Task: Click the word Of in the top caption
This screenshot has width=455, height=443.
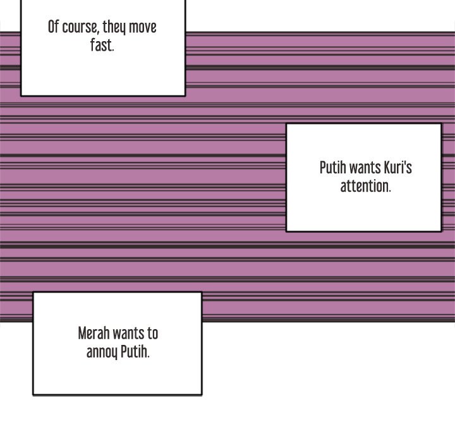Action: click(x=54, y=27)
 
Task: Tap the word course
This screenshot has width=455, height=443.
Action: click(x=80, y=28)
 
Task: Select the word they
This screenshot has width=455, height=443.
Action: click(x=115, y=28)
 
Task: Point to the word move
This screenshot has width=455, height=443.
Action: click(x=143, y=28)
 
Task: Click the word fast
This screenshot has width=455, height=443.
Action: click(x=102, y=46)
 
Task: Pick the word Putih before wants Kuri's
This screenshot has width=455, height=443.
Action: click(x=332, y=168)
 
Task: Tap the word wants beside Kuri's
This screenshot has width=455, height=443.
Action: click(x=365, y=168)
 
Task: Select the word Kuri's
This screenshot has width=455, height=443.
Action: click(x=398, y=168)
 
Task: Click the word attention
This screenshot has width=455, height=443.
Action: click(x=365, y=187)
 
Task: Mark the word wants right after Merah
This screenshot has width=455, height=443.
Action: click(x=131, y=334)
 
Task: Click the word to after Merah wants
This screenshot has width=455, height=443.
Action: click(x=153, y=334)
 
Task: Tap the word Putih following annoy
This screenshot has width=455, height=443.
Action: click(x=135, y=352)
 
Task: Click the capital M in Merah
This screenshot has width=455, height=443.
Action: click(x=82, y=333)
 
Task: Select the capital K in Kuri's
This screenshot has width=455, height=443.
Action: click(x=387, y=168)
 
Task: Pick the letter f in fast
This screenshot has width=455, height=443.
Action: click(x=92, y=46)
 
